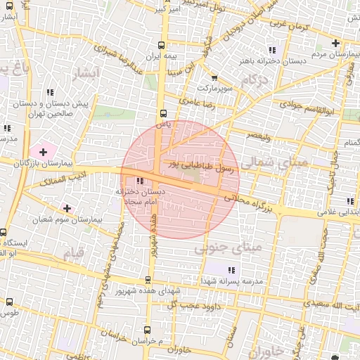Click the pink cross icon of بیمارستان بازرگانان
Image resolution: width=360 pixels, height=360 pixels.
click(44, 151)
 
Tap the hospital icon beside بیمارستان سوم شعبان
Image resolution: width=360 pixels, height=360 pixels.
click(67, 208)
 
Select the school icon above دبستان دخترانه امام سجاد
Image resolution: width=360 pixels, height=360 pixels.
click(139, 181)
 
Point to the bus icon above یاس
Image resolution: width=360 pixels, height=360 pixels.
click(163, 112)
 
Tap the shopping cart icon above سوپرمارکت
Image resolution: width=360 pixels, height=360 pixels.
click(214, 79)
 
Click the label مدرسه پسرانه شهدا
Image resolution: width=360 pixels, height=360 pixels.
click(233, 281)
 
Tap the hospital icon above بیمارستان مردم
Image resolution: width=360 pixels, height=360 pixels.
click(336, 44)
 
